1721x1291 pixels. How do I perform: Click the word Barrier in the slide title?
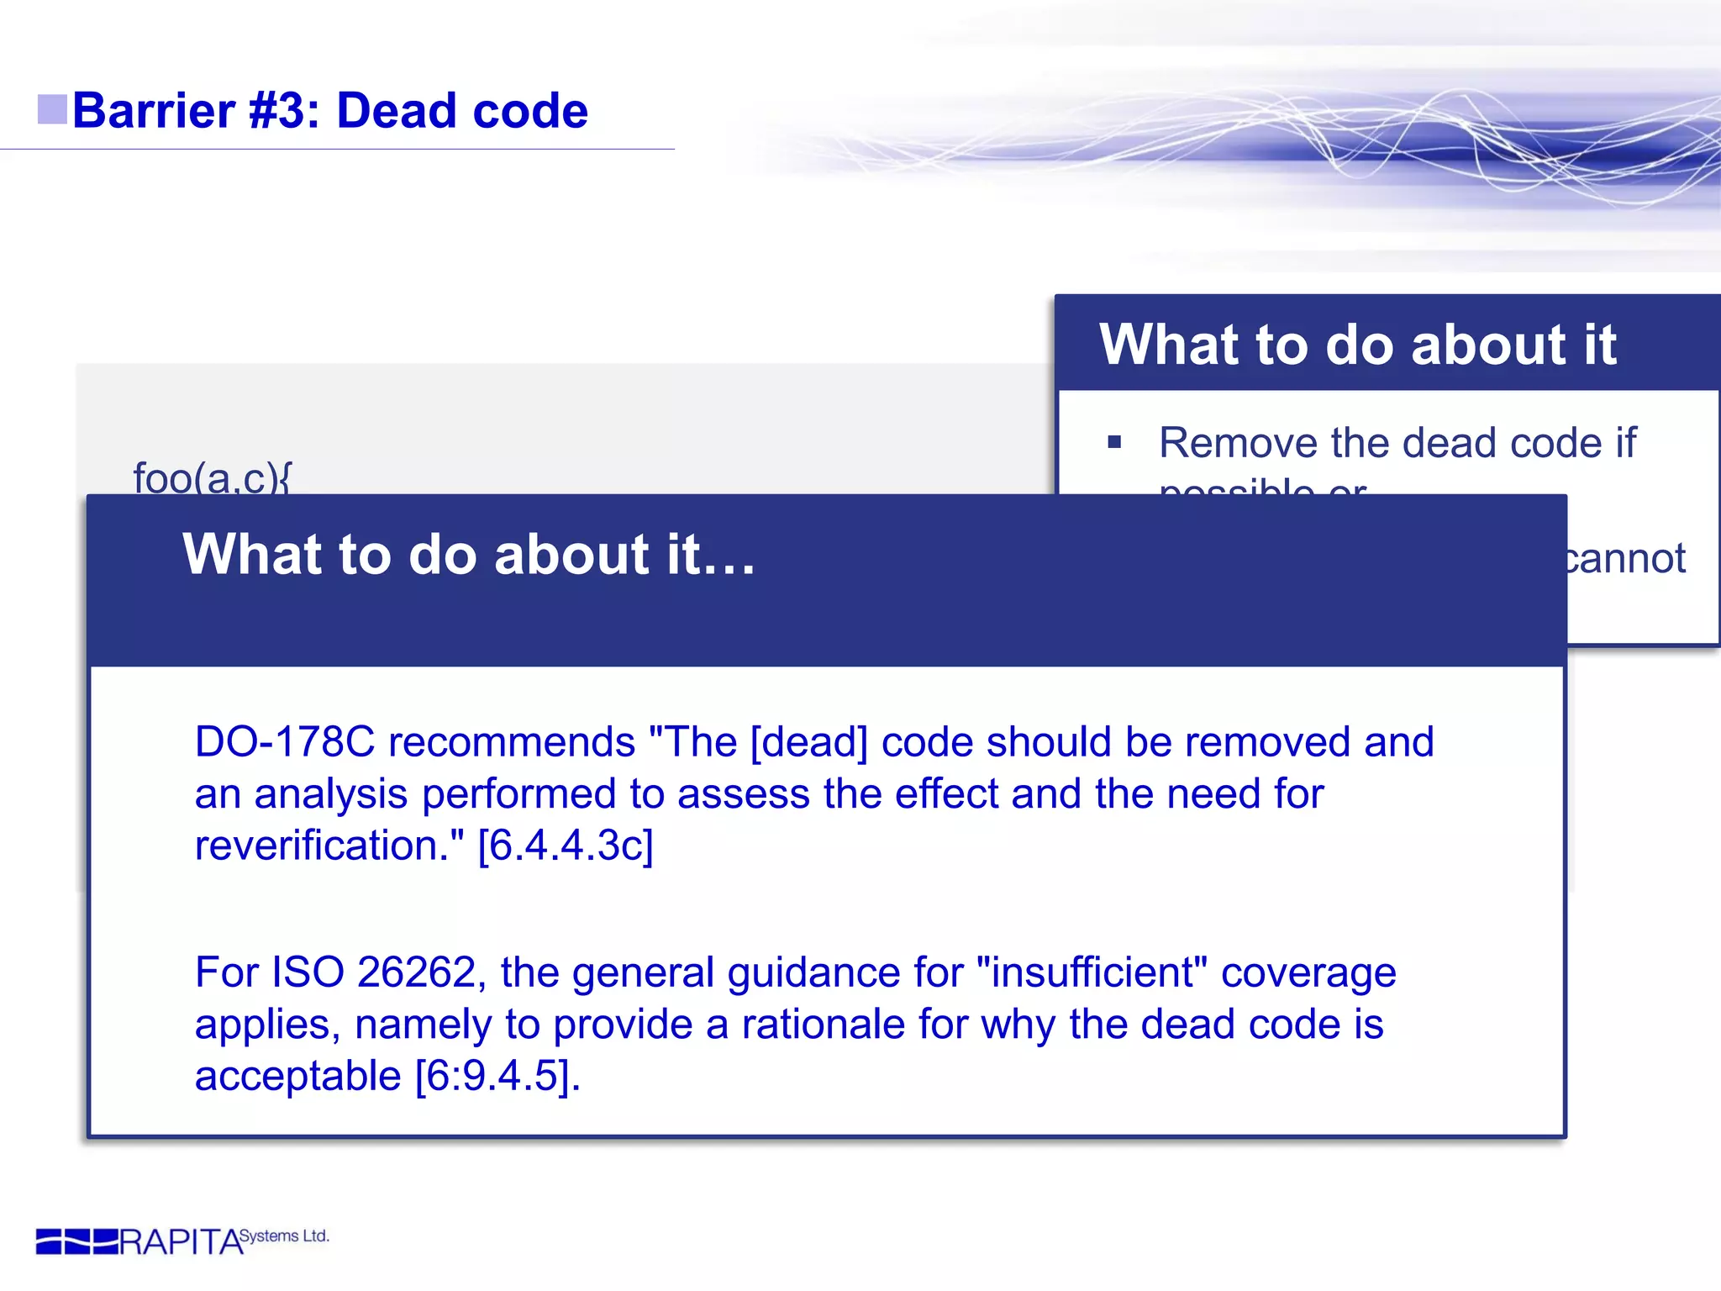[x=154, y=111]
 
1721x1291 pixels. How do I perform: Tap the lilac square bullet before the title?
[x=52, y=109]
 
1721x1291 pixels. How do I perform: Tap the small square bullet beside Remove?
[x=1114, y=442]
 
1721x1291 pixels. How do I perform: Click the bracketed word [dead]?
[x=808, y=742]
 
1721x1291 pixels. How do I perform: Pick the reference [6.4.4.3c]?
[x=565, y=846]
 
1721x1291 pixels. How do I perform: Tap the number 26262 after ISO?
[x=417, y=972]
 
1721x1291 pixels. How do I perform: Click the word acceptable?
[x=297, y=1076]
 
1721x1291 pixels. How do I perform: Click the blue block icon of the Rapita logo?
[x=76, y=1241]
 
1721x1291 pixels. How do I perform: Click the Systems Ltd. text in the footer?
[x=284, y=1236]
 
